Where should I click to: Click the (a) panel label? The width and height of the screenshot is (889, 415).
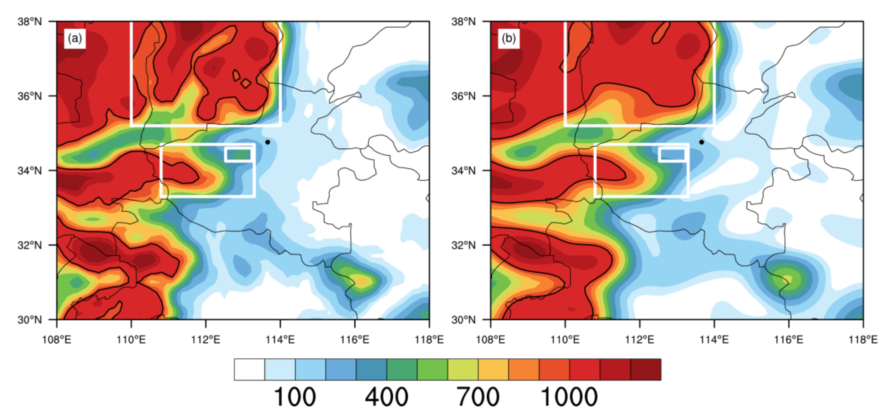[x=75, y=38]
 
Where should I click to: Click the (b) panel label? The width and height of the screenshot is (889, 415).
[x=508, y=38]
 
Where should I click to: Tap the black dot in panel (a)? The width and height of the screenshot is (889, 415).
[x=267, y=142]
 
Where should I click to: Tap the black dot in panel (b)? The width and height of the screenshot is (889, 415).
[x=701, y=142]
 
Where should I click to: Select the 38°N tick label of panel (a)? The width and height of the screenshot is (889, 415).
[x=30, y=22]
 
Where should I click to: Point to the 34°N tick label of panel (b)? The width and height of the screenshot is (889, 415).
[x=463, y=170]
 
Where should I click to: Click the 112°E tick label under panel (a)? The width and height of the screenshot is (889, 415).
[x=206, y=340]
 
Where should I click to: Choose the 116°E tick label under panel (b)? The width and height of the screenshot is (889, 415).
[x=789, y=340]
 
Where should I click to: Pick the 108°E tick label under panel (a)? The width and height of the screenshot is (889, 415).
[x=57, y=340]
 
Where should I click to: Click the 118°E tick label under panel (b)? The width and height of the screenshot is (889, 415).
[x=863, y=340]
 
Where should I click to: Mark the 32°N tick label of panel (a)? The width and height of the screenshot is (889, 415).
[x=30, y=245]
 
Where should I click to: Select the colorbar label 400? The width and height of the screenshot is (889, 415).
[x=386, y=397]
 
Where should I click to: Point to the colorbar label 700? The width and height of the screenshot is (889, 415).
[x=478, y=397]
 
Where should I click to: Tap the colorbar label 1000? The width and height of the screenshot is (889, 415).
[x=569, y=397]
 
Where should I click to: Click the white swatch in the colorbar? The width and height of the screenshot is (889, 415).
[x=249, y=369]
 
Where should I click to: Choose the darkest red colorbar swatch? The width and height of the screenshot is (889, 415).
[x=646, y=369]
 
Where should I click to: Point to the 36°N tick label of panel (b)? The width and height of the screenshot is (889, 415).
[x=463, y=96]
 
